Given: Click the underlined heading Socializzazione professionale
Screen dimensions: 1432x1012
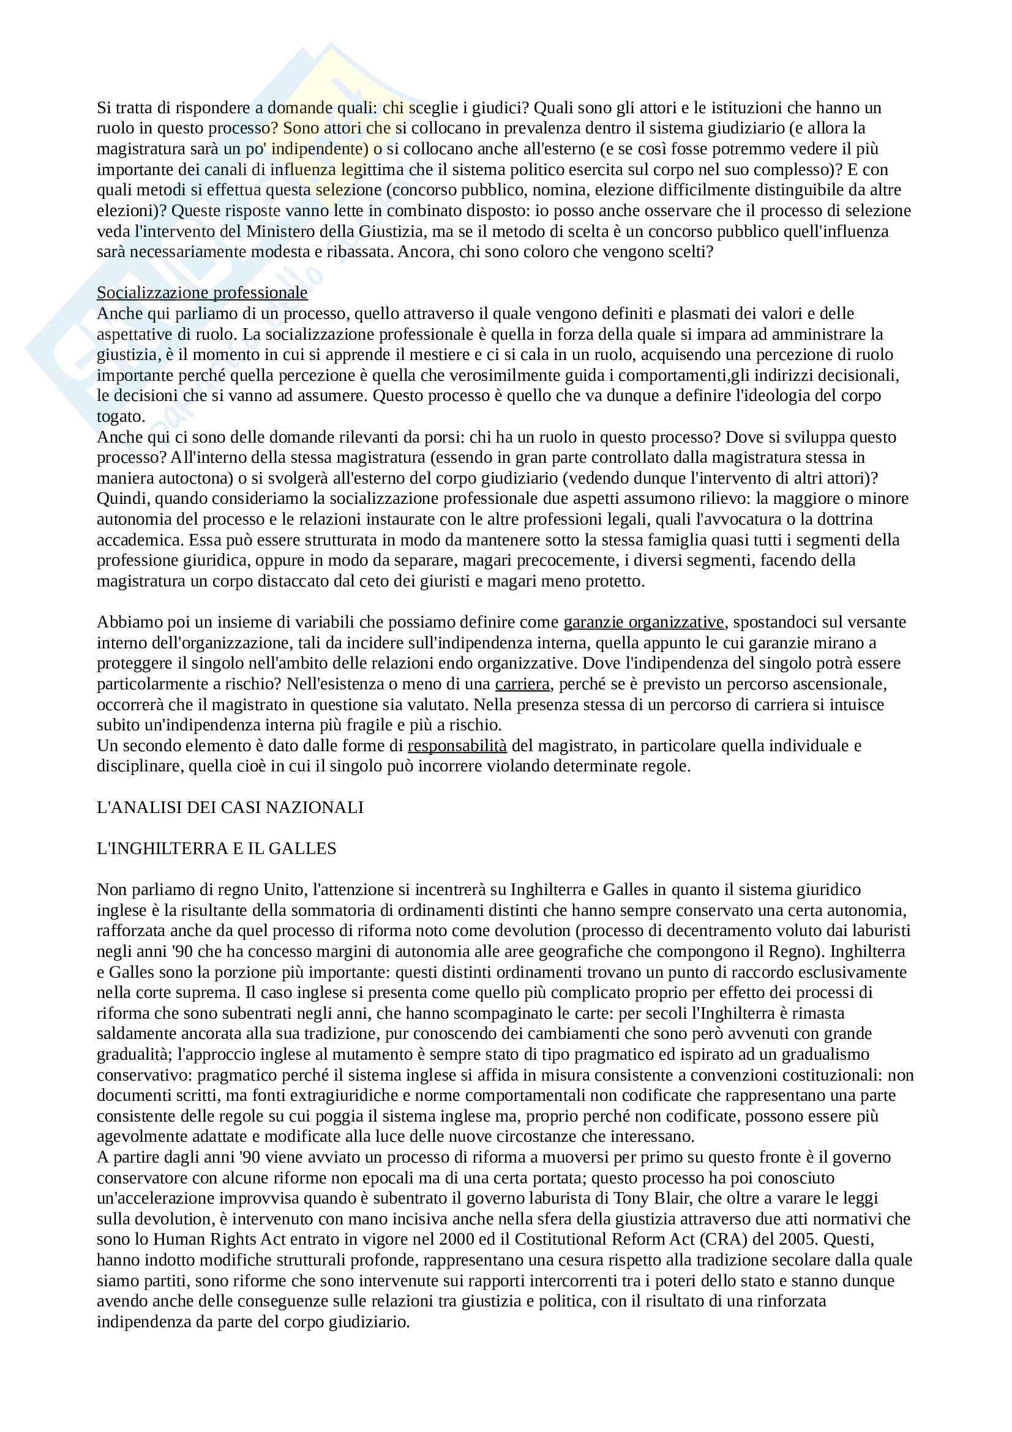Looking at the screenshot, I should (x=202, y=293).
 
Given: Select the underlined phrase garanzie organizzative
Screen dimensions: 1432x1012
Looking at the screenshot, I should (x=643, y=622).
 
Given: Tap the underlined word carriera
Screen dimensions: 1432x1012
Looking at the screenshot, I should (x=522, y=684).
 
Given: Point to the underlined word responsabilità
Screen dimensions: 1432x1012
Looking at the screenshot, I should (x=457, y=745).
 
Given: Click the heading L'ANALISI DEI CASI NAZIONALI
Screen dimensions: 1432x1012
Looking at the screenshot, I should (x=230, y=807).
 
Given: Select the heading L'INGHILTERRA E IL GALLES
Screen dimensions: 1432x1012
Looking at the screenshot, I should (x=216, y=848).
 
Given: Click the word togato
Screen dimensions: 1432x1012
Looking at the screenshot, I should (x=121, y=416).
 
